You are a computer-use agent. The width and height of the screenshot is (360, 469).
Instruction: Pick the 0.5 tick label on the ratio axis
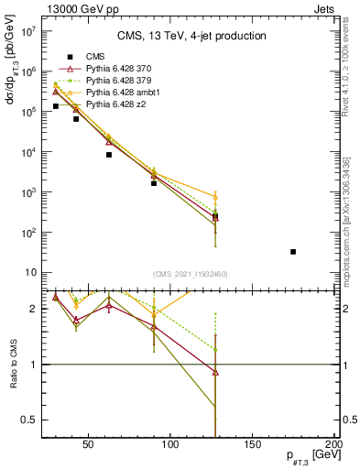point(29,420)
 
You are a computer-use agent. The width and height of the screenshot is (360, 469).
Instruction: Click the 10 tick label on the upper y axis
point(30,273)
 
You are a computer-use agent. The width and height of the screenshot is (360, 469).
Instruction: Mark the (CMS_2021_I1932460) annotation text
point(191,275)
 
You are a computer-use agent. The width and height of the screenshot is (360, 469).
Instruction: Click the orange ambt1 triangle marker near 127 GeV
point(215,197)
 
